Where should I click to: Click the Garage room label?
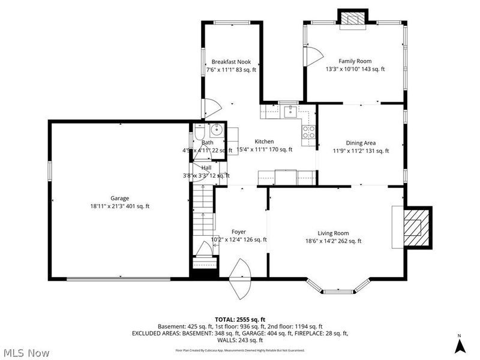click(x=119, y=199)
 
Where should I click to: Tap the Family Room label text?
click(x=355, y=61)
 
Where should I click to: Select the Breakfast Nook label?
click(x=231, y=62)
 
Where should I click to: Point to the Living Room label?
click(x=333, y=233)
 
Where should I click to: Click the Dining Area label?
click(x=361, y=143)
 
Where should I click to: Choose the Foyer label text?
click(x=239, y=232)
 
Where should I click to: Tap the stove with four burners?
click(x=308, y=131)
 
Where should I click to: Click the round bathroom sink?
click(x=217, y=130)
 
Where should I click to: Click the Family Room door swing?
click(x=311, y=56)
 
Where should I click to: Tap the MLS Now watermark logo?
click(x=26, y=352)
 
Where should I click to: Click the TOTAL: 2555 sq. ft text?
click(x=240, y=319)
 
